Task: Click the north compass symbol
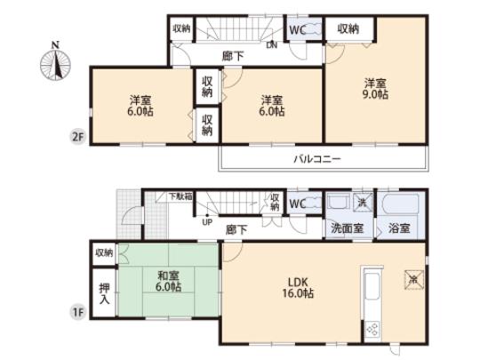(56, 63)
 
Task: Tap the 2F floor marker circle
(79, 136)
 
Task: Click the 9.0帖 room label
(374, 90)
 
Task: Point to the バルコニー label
(318, 159)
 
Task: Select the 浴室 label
(398, 228)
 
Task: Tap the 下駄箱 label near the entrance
(180, 196)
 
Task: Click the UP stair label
(207, 222)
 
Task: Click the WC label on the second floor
(299, 28)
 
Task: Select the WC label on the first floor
(299, 204)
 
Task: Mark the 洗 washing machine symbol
(361, 202)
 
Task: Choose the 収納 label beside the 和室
(104, 253)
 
